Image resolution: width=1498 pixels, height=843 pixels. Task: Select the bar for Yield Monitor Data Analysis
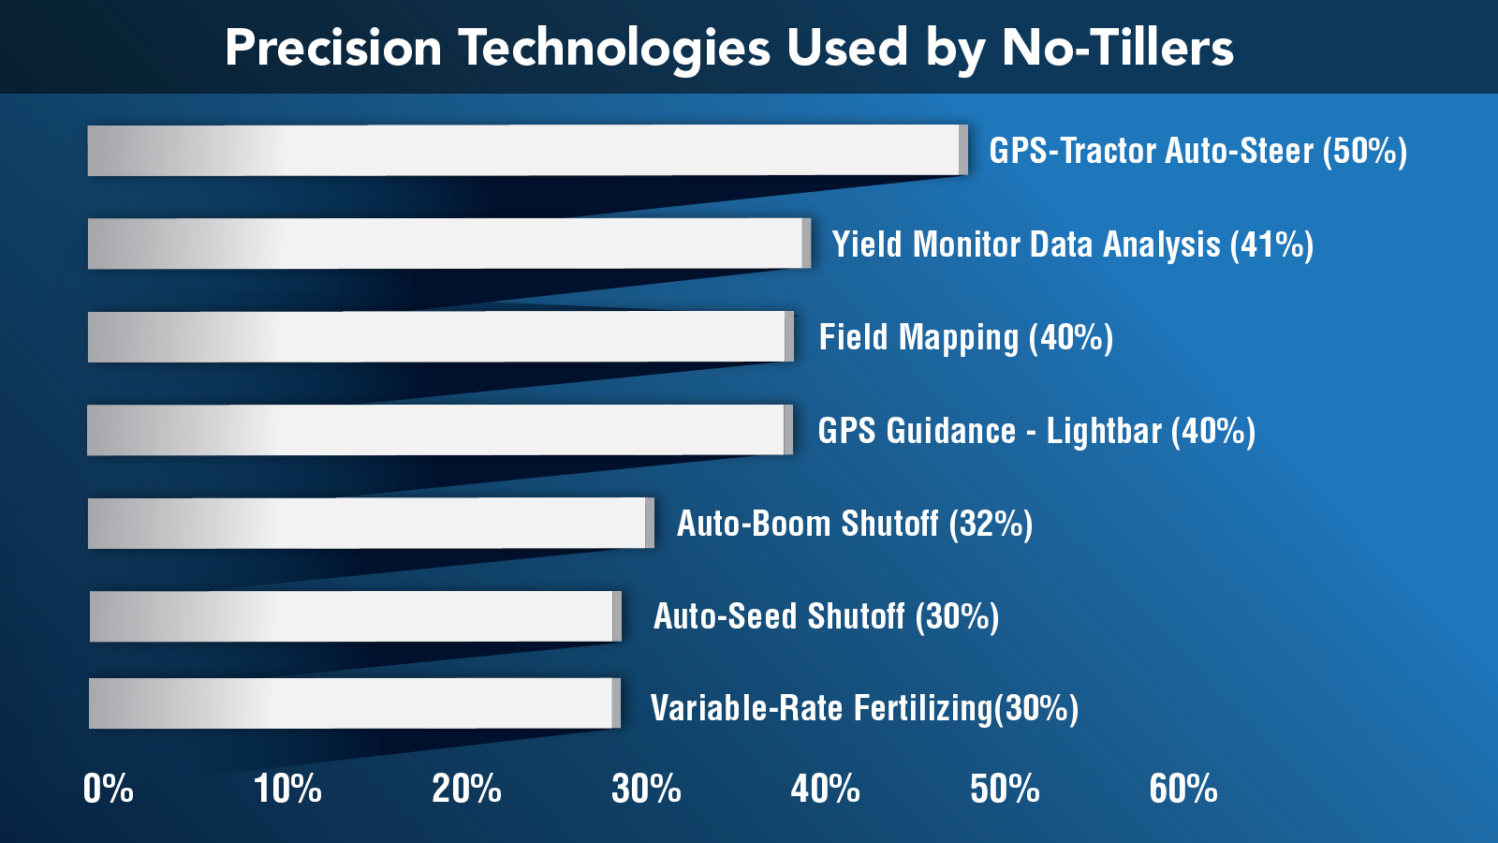point(448,244)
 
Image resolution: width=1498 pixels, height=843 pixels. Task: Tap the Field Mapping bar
point(440,336)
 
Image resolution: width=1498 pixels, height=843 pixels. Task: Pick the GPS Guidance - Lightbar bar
point(439,430)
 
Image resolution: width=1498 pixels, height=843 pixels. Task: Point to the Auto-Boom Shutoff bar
point(370,523)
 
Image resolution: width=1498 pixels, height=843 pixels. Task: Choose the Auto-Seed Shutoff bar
point(355,616)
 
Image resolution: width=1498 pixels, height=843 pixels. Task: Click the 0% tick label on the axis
point(108,789)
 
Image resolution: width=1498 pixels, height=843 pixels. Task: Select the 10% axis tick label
point(287,789)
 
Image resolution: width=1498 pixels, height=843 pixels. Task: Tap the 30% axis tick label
point(646,789)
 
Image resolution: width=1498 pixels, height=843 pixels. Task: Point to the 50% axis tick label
point(1005,789)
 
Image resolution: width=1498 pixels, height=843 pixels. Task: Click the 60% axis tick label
point(1183,789)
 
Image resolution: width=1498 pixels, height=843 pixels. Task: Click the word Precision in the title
point(333,48)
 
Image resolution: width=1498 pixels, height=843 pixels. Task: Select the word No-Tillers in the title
point(1118,48)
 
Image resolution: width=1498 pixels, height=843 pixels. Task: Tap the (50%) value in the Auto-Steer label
point(1364,151)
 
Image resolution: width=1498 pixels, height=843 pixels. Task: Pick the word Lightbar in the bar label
point(1104,431)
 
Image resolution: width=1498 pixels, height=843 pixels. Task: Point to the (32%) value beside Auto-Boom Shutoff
point(991,524)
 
